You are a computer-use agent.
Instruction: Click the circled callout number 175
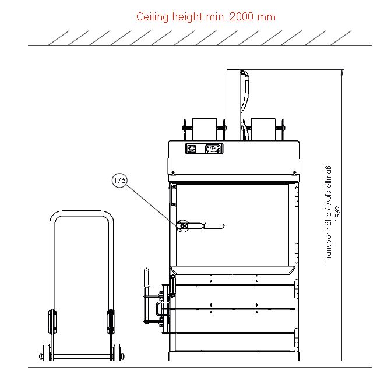(119, 181)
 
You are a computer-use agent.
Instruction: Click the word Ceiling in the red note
(151, 17)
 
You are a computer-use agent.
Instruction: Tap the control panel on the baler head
(205, 149)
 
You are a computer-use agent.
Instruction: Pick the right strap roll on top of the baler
(263, 129)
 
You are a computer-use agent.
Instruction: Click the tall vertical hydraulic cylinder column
(234, 102)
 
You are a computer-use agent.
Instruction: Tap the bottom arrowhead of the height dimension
(342, 363)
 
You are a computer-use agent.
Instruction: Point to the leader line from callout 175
(152, 204)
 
